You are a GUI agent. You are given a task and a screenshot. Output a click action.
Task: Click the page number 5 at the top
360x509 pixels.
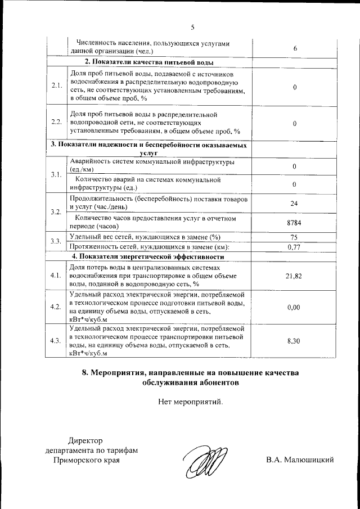click(192, 27)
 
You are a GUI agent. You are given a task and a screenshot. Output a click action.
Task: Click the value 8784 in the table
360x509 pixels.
click(294, 223)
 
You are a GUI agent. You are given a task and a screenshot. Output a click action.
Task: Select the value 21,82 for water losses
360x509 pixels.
click(294, 276)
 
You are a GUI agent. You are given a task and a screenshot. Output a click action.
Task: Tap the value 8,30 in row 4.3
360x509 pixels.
click(294, 341)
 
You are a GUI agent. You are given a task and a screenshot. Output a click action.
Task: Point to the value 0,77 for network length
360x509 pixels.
click(294, 246)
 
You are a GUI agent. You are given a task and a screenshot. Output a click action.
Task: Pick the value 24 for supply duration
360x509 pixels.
click(294, 203)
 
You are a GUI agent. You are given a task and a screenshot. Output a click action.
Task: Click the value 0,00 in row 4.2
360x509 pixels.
click(294, 308)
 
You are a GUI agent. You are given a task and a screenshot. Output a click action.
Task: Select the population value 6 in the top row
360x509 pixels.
click(295, 48)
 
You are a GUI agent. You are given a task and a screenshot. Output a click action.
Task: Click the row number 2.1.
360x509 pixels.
click(56, 86)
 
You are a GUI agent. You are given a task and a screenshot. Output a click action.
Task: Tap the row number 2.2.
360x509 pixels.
click(56, 122)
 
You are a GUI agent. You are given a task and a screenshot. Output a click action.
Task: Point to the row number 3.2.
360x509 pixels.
click(56, 212)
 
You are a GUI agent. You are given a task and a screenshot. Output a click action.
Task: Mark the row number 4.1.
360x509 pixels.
click(56, 276)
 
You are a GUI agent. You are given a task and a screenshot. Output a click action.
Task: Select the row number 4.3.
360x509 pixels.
click(56, 341)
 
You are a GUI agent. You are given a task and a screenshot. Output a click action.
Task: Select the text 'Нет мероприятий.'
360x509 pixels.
click(191, 402)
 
